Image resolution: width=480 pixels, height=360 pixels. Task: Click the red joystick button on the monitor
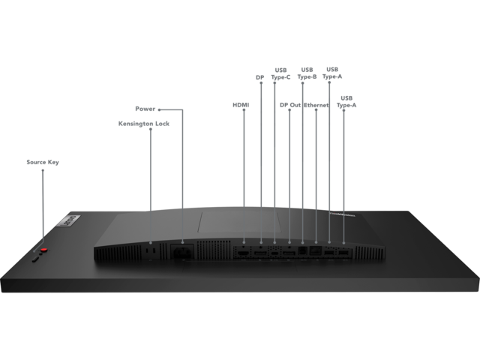pyautogui.click(x=44, y=250)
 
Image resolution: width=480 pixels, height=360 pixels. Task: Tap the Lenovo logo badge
pyautogui.click(x=70, y=221)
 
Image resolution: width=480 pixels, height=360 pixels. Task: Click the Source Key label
pyautogui.click(x=43, y=162)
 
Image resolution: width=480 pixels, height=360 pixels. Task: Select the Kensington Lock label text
pyautogui.click(x=144, y=124)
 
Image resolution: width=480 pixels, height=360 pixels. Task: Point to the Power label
pyautogui.click(x=145, y=109)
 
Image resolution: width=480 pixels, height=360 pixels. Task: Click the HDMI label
pyautogui.click(x=241, y=105)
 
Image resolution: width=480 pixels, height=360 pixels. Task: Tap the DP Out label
pyautogui.click(x=290, y=105)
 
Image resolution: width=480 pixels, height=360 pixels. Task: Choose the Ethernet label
pyautogui.click(x=316, y=105)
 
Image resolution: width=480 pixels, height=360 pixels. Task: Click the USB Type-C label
pyautogui.click(x=280, y=73)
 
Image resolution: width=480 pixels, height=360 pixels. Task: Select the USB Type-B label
pyautogui.click(x=307, y=73)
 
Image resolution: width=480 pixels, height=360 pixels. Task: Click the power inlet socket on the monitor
pyautogui.click(x=182, y=253)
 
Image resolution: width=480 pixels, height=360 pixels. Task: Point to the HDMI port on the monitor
pyautogui.click(x=244, y=253)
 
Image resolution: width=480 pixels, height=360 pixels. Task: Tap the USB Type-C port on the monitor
pyautogui.click(x=274, y=253)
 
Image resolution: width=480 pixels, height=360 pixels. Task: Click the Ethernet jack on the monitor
pyautogui.click(x=316, y=250)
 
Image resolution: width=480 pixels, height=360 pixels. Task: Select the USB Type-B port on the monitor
pyautogui.click(x=302, y=250)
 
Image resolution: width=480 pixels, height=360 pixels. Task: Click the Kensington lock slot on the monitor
pyautogui.click(x=151, y=250)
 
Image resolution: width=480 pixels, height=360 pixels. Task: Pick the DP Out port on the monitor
pyautogui.click(x=289, y=253)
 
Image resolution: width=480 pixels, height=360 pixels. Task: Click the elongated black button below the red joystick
pyautogui.click(x=35, y=259)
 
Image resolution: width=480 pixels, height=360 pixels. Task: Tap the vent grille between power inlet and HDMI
pyautogui.click(x=214, y=250)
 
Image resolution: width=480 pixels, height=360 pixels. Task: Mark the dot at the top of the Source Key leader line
pyautogui.click(x=43, y=170)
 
